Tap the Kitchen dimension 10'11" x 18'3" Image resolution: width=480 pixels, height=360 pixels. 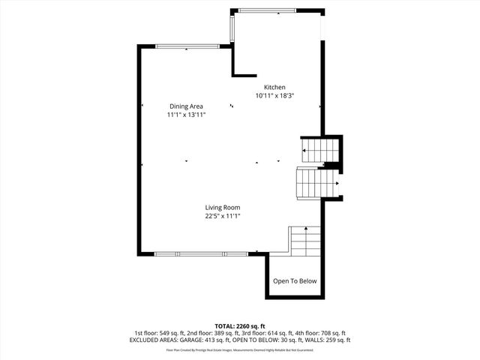[274, 96]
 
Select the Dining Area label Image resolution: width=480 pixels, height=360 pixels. [186, 106]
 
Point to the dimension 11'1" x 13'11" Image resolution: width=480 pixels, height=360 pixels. [186, 115]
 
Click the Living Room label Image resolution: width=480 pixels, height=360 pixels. [223, 207]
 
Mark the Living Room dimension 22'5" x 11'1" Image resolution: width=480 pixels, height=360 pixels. [223, 216]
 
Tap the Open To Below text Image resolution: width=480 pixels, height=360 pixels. [295, 281]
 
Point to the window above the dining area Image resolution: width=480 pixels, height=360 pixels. [187, 46]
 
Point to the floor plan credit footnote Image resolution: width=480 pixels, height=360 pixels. [240, 349]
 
